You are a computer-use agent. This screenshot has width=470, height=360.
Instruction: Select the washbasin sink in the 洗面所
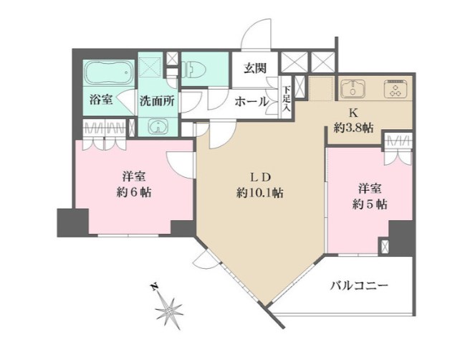tap(157, 126)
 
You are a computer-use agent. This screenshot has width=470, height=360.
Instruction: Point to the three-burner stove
tap(395, 90)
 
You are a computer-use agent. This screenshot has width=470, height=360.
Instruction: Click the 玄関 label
tap(254, 69)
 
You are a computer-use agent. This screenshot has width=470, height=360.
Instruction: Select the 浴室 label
tap(101, 100)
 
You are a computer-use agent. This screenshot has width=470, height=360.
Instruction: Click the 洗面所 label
tap(157, 101)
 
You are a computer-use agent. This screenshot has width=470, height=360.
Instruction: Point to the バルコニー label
tap(359, 285)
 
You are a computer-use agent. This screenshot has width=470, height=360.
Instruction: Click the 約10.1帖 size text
tap(259, 192)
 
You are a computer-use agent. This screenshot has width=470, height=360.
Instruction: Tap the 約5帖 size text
tap(370, 204)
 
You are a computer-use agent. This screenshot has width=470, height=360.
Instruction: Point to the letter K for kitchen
tap(353, 113)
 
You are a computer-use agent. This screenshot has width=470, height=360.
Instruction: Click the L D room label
tap(259, 176)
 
